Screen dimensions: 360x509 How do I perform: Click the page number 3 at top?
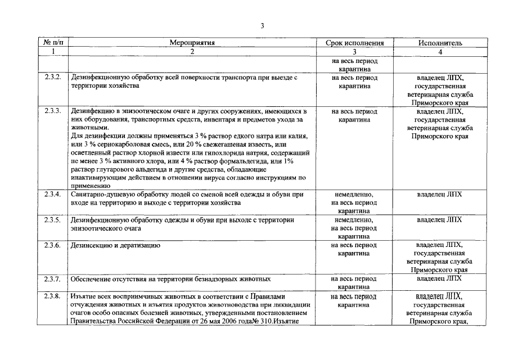click(x=262, y=25)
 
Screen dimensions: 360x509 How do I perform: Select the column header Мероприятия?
click(x=192, y=43)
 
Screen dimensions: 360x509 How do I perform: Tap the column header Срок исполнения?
click(x=354, y=43)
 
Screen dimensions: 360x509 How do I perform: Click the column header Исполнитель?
click(x=440, y=43)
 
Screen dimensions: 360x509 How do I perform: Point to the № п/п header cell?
click(x=52, y=43)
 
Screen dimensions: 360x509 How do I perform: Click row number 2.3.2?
click(x=52, y=78)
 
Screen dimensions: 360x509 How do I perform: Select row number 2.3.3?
click(x=52, y=111)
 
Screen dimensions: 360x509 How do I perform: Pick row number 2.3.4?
click(x=52, y=194)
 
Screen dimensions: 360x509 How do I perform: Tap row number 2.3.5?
click(x=52, y=219)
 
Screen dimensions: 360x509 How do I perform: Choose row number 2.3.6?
click(x=52, y=245)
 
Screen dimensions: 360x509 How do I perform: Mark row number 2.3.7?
click(x=52, y=278)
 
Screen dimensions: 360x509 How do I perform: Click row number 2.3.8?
click(x=52, y=295)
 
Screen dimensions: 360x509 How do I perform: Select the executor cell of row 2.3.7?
click(x=440, y=278)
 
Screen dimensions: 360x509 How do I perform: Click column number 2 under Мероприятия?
click(x=192, y=52)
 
